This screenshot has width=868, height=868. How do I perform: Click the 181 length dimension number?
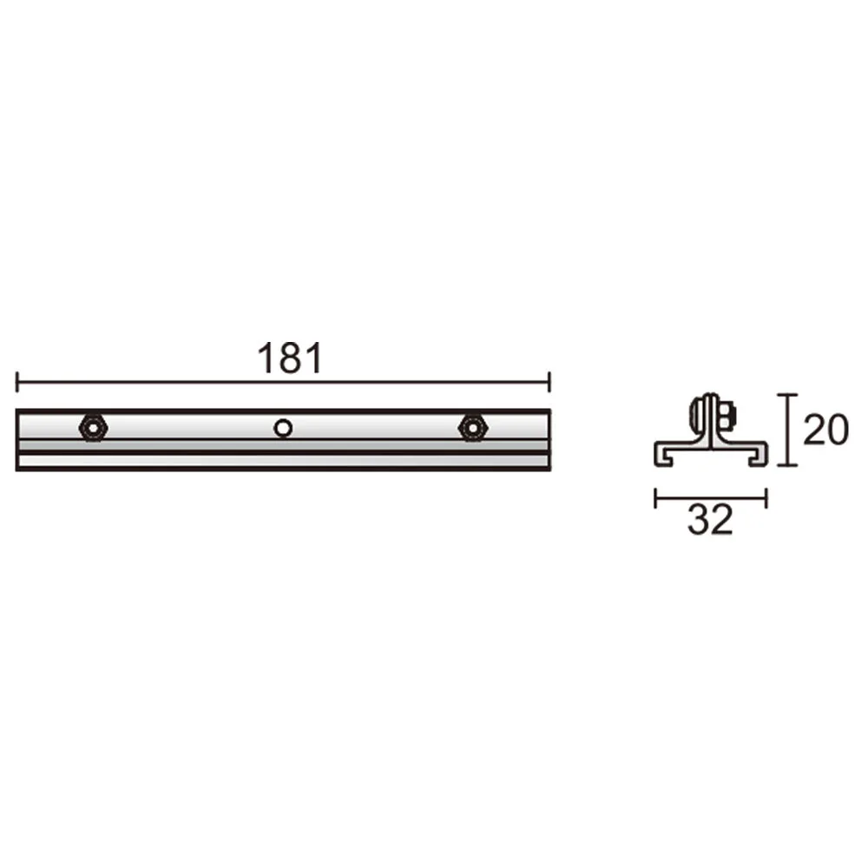click(x=290, y=358)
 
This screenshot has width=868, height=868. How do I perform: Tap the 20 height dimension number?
click(x=825, y=430)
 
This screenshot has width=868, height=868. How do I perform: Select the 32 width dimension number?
click(x=710, y=519)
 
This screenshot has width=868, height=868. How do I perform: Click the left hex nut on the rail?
click(x=93, y=428)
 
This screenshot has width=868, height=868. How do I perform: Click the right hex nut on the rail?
click(x=472, y=428)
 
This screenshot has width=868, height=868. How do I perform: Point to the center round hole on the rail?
click(x=283, y=428)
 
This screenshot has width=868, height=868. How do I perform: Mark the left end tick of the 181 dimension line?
click(x=17, y=382)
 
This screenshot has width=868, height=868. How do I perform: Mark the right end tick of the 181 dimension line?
click(x=549, y=382)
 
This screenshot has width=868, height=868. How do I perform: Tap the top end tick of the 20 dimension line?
click(x=786, y=395)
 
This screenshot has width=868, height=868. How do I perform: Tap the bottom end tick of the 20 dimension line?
click(x=786, y=465)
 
